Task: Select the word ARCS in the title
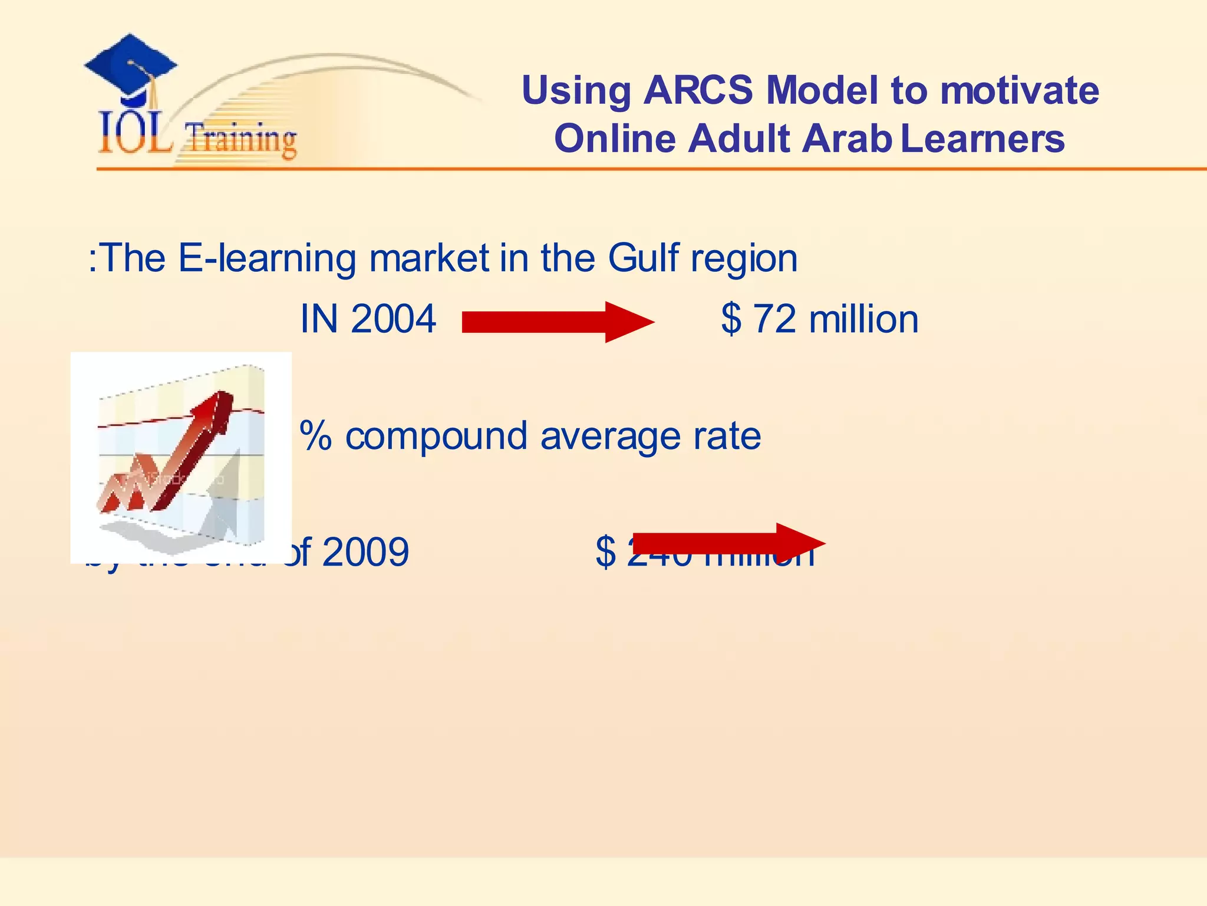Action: click(698, 91)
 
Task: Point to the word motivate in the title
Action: click(1019, 91)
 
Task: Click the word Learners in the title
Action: click(982, 139)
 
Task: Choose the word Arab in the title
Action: click(847, 139)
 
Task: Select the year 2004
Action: click(393, 319)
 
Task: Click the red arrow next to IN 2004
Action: click(557, 322)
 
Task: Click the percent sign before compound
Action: click(315, 436)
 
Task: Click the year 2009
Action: click(365, 553)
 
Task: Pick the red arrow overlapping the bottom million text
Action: click(728, 542)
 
